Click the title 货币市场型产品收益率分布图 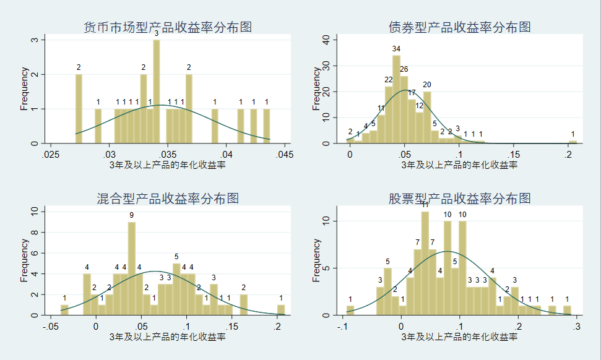click(x=168, y=27)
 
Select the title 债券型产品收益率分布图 click(x=459, y=27)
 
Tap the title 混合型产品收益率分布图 click(x=168, y=199)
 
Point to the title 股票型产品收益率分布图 click(x=459, y=199)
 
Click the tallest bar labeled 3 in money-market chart click(x=157, y=92)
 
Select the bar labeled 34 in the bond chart click(x=396, y=99)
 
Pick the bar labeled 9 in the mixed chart click(x=131, y=268)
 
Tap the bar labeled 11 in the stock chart click(x=425, y=264)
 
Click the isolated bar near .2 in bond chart click(x=573, y=142)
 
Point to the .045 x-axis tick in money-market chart click(x=284, y=155)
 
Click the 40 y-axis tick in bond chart click(x=326, y=40)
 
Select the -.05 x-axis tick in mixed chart click(x=50, y=327)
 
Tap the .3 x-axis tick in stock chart click(x=576, y=327)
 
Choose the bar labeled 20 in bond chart click(x=427, y=117)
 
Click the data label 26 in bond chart click(x=404, y=69)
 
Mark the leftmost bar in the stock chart click(x=350, y=311)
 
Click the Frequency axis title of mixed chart click(x=24, y=260)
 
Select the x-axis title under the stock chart click(x=459, y=337)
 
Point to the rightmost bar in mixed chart click(x=281, y=310)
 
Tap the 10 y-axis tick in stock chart click(x=326, y=221)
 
